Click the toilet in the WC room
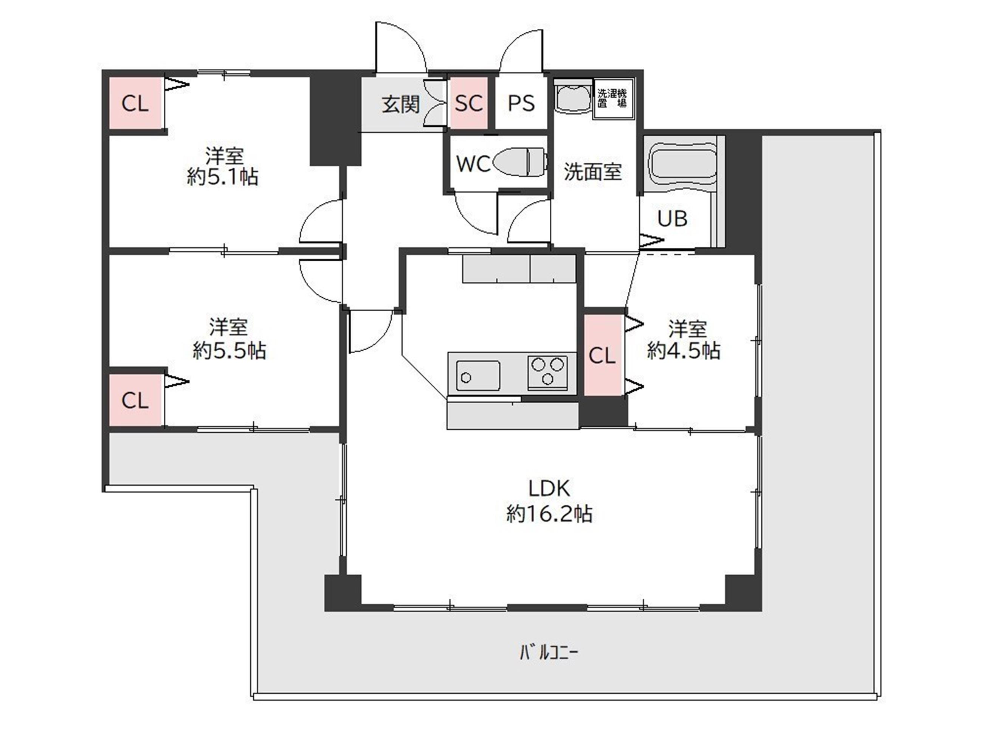[520, 162]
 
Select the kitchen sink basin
[478, 376]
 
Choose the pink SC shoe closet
[468, 103]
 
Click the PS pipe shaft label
[521, 103]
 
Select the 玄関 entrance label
[400, 104]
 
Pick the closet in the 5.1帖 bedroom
[135, 103]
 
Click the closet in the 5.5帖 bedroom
[135, 400]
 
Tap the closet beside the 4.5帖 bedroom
[603, 355]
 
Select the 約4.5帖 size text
[684, 351]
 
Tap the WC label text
[473, 164]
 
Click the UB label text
[673, 218]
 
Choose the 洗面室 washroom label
[593, 172]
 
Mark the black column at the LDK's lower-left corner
[343, 593]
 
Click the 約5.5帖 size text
[229, 351]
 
